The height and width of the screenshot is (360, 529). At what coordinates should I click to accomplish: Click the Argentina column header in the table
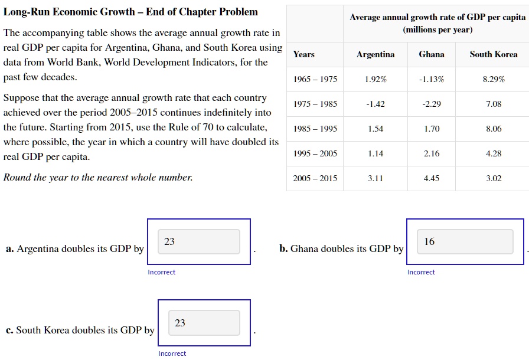tap(375, 54)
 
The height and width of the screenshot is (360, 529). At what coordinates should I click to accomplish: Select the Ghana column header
tap(432, 54)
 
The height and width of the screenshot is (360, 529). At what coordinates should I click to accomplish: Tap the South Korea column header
tap(494, 54)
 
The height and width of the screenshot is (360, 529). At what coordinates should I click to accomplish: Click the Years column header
tap(304, 54)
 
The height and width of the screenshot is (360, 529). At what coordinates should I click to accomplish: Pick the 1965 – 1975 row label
tap(315, 79)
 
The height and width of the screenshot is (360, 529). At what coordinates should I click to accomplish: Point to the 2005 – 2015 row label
tap(315, 178)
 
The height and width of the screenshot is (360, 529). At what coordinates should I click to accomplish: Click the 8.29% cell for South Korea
tap(494, 79)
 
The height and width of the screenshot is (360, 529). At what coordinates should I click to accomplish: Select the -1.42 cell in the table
tap(375, 104)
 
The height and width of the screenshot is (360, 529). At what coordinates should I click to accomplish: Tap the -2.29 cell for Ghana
tap(432, 104)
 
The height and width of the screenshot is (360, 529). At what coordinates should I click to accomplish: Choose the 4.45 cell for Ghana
tap(432, 178)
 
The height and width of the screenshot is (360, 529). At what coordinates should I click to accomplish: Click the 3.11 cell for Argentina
tap(375, 178)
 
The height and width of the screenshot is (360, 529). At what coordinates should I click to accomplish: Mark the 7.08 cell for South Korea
tap(494, 104)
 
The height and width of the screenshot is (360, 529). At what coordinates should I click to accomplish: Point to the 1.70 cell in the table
tap(432, 129)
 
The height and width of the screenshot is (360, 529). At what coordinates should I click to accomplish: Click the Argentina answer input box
tap(199, 242)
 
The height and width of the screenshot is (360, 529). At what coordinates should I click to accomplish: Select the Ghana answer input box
tap(465, 242)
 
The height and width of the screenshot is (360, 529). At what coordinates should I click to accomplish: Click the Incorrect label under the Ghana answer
tap(421, 272)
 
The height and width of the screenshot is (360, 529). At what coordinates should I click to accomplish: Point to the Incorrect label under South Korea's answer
tap(172, 354)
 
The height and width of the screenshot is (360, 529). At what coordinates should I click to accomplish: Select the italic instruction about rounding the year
tap(98, 178)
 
